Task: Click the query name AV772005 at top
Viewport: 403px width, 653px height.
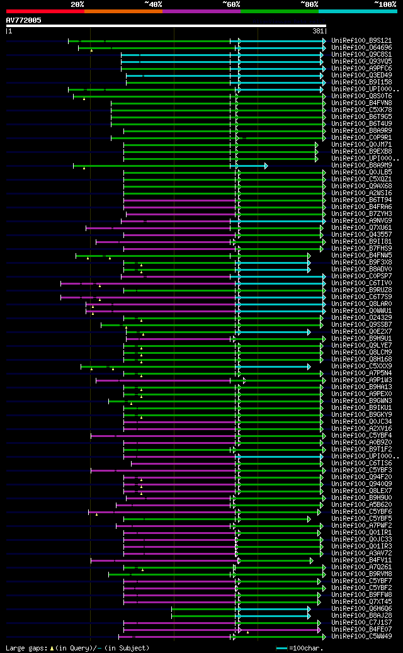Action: (x=23, y=20)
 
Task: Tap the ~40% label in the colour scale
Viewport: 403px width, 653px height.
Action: (x=153, y=4)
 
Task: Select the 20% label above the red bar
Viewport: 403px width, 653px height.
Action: (x=77, y=4)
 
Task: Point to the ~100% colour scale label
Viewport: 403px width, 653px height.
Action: (x=385, y=4)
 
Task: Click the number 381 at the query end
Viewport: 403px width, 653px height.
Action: (x=318, y=31)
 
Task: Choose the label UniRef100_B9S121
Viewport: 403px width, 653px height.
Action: (x=361, y=41)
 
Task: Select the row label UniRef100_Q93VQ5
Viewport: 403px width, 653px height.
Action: (x=361, y=62)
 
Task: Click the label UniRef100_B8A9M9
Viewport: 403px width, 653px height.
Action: (x=361, y=166)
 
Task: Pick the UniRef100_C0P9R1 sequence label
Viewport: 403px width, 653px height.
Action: (x=361, y=138)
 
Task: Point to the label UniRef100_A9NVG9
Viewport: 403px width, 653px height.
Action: (x=361, y=221)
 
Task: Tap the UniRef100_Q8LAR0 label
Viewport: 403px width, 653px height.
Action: (x=361, y=304)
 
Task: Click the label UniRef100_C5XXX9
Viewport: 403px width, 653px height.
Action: (x=361, y=366)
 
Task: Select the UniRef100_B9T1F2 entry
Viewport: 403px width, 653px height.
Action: (x=361, y=450)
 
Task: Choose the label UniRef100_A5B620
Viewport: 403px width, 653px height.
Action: (x=361, y=505)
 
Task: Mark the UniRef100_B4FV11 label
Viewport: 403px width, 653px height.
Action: (x=361, y=560)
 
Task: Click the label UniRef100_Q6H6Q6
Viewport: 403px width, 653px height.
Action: (x=361, y=609)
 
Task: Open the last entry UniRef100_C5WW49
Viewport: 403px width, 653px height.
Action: (x=361, y=637)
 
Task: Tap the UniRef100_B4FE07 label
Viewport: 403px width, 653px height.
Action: (x=361, y=630)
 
